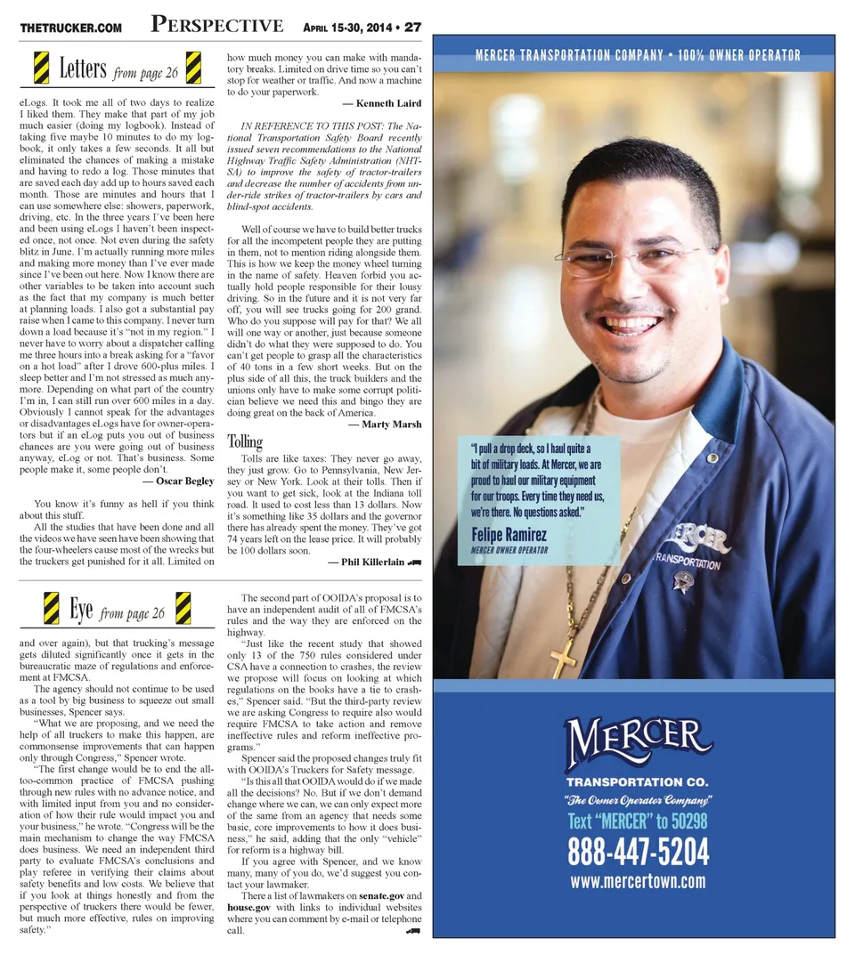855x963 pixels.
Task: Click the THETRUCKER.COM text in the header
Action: point(70,28)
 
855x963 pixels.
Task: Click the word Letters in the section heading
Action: point(83,68)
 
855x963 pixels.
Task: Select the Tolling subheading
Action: point(244,441)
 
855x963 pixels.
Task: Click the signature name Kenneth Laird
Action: point(388,104)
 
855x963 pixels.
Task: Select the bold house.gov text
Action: point(252,906)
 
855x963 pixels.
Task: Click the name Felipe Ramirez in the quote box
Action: point(509,535)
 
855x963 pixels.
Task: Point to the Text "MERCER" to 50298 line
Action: point(638,820)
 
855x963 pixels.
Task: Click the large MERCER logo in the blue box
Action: point(638,744)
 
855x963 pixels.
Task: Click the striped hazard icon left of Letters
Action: point(41,68)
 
